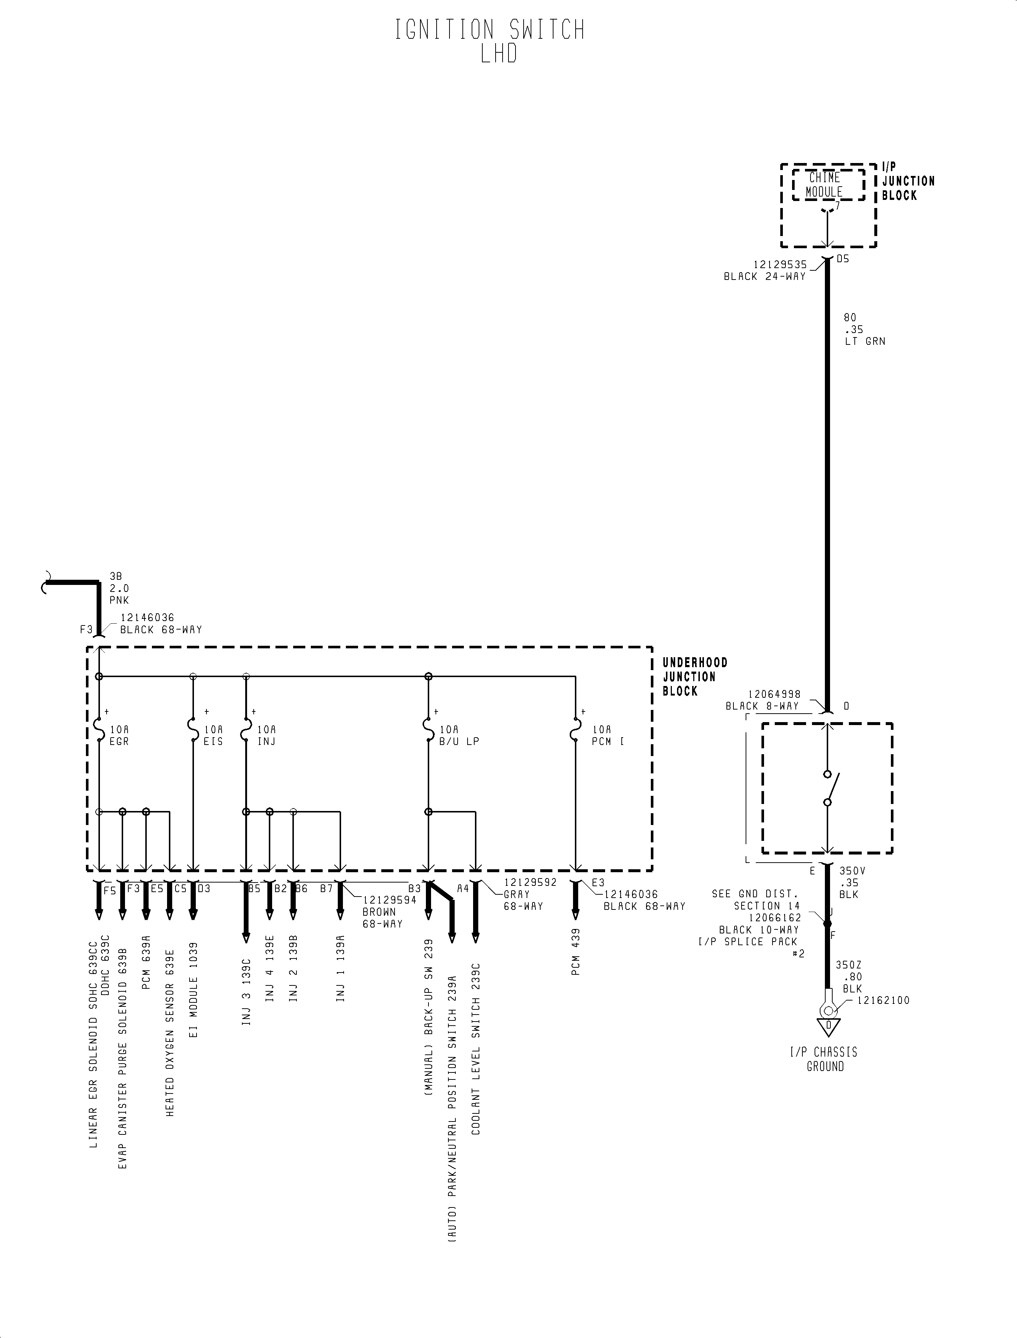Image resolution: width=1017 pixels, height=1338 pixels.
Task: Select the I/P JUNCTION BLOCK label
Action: (907, 181)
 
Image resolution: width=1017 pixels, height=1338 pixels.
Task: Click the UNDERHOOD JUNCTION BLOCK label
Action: (694, 677)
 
